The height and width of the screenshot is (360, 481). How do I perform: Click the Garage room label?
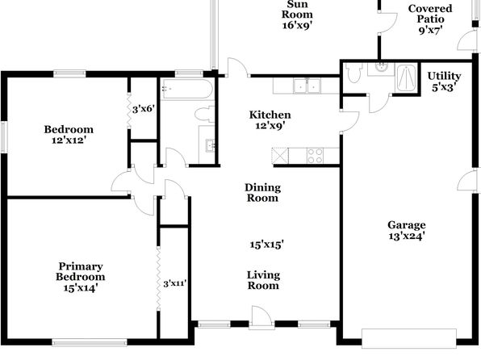[x=407, y=225]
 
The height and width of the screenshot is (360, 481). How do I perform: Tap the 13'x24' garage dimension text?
[x=407, y=236]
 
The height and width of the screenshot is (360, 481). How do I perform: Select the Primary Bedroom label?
[x=81, y=271]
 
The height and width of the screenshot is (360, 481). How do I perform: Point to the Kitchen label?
[x=270, y=115]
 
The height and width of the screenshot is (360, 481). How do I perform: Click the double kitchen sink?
[x=307, y=86]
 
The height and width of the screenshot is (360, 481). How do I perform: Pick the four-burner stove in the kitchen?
[x=315, y=156]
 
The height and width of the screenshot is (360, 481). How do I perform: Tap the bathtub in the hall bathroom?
[x=187, y=89]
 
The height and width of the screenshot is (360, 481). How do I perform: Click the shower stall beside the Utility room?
[x=406, y=77]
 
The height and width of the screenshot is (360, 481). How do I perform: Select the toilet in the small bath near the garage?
[x=354, y=73]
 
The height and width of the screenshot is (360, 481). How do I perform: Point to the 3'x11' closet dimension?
[x=175, y=283]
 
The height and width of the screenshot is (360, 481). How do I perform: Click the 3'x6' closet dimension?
[x=143, y=109]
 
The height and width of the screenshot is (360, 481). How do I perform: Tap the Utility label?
[x=444, y=76]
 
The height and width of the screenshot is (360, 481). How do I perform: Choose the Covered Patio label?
[x=430, y=14]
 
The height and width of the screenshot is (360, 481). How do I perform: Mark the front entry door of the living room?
[x=261, y=318]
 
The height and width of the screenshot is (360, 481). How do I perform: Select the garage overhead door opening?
[x=409, y=338]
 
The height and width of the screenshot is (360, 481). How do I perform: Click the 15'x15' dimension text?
[x=266, y=245]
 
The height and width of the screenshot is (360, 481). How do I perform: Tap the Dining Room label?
[x=262, y=192]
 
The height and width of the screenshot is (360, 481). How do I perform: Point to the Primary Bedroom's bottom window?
[x=90, y=342]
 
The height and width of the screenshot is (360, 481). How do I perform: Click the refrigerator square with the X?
[x=280, y=156]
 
